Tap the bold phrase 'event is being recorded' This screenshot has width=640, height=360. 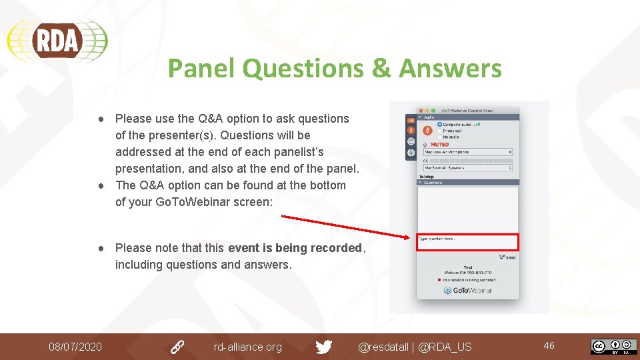[x=295, y=248]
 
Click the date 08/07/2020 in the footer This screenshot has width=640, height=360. [x=75, y=347]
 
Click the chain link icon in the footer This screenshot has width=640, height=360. [x=177, y=347]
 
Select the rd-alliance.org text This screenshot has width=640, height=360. [x=247, y=347]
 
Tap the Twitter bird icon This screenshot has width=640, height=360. [x=324, y=347]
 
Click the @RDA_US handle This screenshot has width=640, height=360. [x=445, y=347]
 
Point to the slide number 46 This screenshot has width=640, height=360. [x=549, y=345]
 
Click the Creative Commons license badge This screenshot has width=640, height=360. [x=613, y=347]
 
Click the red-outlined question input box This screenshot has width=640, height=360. [x=467, y=241]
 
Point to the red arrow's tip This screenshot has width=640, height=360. [x=412, y=237]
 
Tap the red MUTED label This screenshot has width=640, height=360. [x=439, y=144]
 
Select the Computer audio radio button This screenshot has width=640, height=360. [x=440, y=124]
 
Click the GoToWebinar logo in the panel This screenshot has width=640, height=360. [x=468, y=291]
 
